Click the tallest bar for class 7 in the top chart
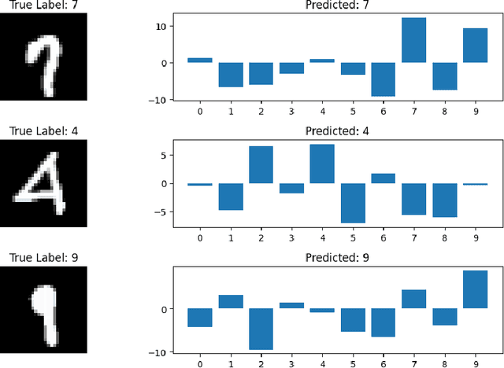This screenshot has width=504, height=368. (x=413, y=40)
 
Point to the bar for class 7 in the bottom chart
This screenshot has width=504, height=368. (x=413, y=299)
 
